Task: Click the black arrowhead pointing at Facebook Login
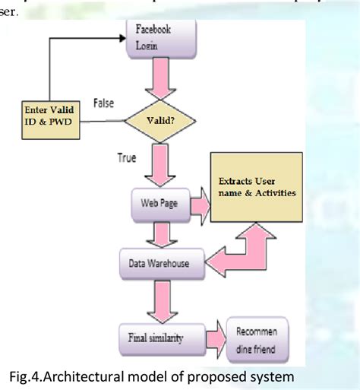coord(121,34)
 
